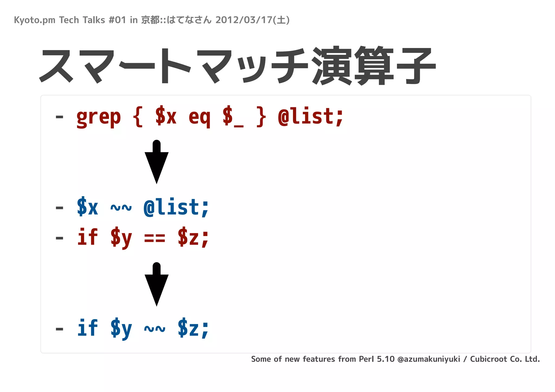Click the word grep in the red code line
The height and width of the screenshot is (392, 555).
click(x=98, y=117)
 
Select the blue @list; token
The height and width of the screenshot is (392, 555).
click(x=176, y=208)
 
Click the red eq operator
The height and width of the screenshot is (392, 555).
click(x=199, y=117)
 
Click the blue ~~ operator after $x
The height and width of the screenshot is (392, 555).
click(x=121, y=208)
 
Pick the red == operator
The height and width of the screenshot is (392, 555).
click(x=154, y=238)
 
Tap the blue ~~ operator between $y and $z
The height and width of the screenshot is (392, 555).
click(x=154, y=329)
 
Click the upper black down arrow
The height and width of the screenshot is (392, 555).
click(x=157, y=163)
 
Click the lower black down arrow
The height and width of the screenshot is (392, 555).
click(x=157, y=285)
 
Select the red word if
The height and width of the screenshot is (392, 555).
click(x=87, y=237)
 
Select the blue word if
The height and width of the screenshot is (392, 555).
click(x=87, y=328)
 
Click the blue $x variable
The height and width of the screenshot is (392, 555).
click(x=87, y=208)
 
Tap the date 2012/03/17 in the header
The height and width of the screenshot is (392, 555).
click(x=244, y=20)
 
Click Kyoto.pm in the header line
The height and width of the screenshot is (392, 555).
click(x=34, y=20)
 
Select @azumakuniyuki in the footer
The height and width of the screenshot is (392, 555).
click(x=428, y=359)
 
